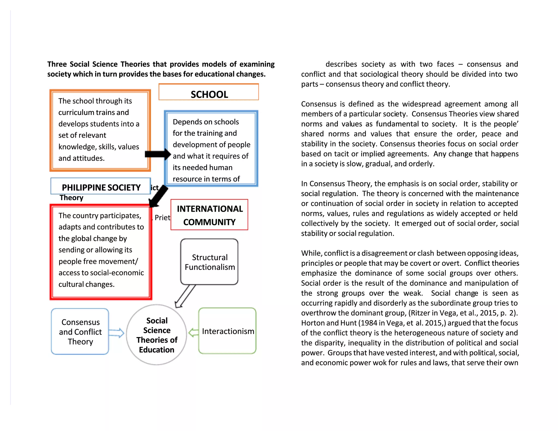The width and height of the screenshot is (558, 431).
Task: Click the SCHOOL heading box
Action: (209, 92)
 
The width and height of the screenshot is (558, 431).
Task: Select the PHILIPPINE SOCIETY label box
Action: (101, 186)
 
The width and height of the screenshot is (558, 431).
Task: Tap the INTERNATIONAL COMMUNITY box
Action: (209, 215)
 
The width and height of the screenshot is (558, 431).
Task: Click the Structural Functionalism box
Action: (209, 262)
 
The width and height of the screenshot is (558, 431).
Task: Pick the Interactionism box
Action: (228, 331)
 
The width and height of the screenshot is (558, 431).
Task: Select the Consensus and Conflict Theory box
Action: (80, 332)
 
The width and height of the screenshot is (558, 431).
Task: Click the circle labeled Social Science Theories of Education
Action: (157, 335)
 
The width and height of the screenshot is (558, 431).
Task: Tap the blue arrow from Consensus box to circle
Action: (116, 333)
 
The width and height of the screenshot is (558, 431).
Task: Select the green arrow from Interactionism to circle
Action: (193, 332)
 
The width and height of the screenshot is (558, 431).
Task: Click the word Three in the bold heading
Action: (57, 64)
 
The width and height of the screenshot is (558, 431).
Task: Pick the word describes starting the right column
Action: (341, 64)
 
